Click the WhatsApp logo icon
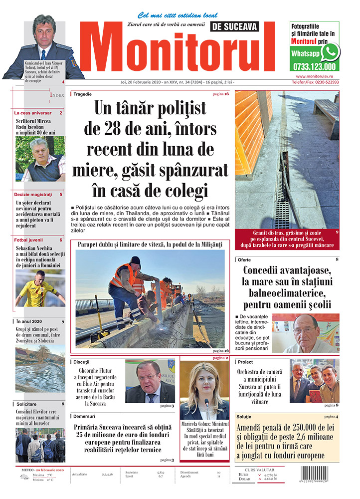click(x=330, y=51)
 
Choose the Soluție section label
click(x=245, y=416)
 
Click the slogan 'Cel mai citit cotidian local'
click(x=171, y=15)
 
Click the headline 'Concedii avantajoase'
click(x=287, y=271)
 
